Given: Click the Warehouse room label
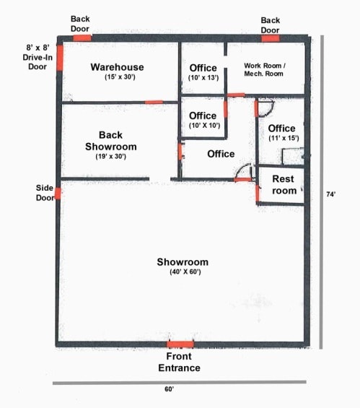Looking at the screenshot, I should pyautogui.click(x=118, y=67).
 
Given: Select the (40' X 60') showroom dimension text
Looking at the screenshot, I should pyautogui.click(x=183, y=273).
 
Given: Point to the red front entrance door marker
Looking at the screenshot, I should pyautogui.click(x=180, y=344).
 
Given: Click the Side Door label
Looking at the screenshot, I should pyautogui.click(x=45, y=193).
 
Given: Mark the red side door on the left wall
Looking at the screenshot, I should pyautogui.click(x=58, y=193).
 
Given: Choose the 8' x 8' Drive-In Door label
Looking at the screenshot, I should pyautogui.click(x=37, y=56).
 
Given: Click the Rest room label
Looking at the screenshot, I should pyautogui.click(x=284, y=185).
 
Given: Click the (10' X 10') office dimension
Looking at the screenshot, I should pyautogui.click(x=203, y=126).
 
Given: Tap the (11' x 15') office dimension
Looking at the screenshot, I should pyautogui.click(x=283, y=138).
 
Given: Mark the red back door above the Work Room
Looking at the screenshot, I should pyautogui.click(x=270, y=38).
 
